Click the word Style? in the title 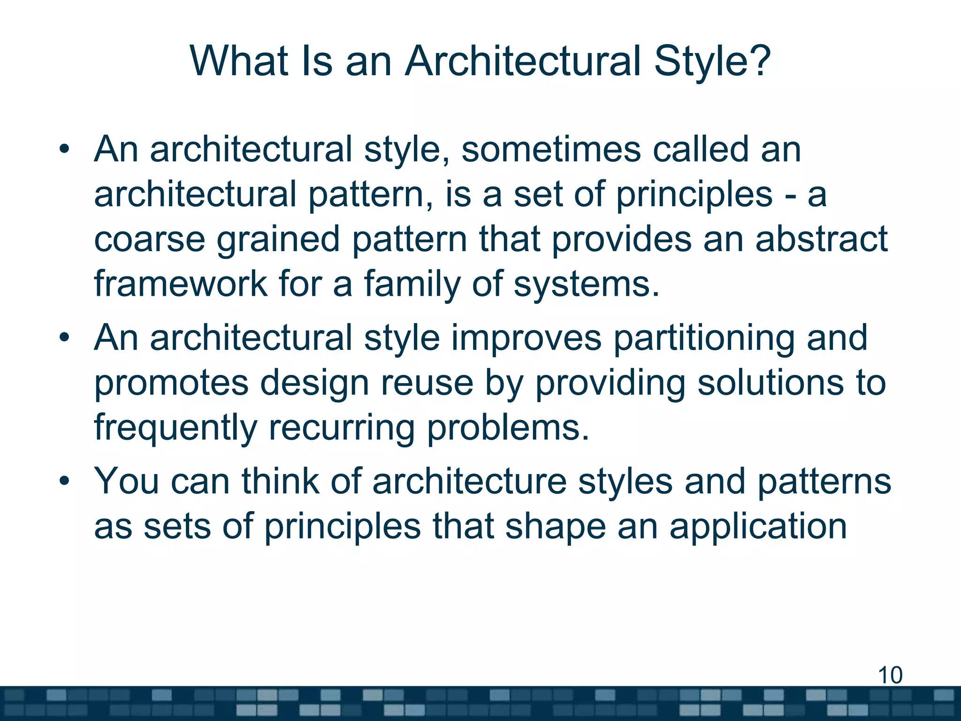[712, 61]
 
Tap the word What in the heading [239, 61]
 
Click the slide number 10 [890, 675]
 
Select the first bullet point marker [64, 150]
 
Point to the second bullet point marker [64, 337]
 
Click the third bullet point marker [64, 481]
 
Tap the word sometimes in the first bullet [551, 149]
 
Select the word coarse [149, 239]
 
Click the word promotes [171, 383]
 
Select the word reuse [427, 383]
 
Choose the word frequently [175, 428]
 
